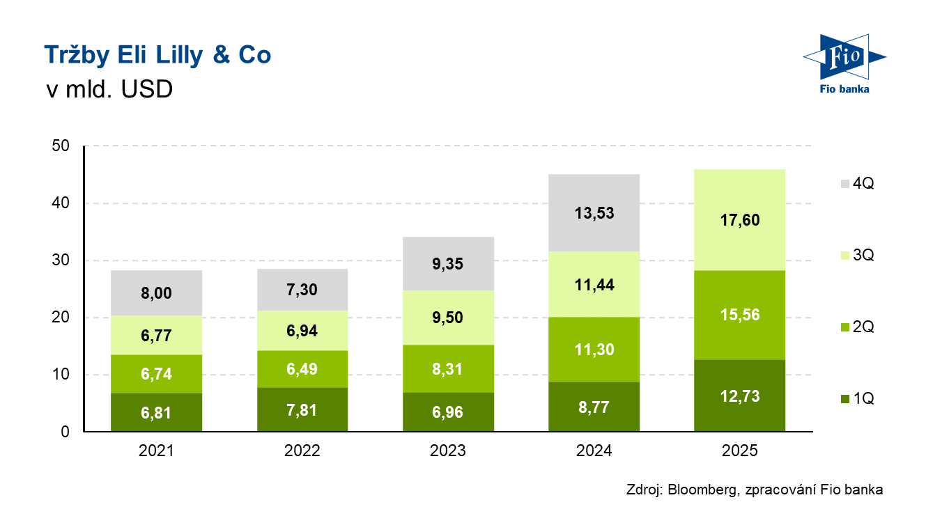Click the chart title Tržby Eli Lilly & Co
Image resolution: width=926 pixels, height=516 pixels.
coord(157,56)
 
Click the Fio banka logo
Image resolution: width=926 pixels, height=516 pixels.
coord(843,63)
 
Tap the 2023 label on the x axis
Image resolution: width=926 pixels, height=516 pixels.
coord(448,451)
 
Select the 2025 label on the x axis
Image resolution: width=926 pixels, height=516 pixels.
coord(740,451)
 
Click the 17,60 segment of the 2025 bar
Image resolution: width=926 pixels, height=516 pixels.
coord(740,220)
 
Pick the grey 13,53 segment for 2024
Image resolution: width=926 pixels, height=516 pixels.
coord(594,213)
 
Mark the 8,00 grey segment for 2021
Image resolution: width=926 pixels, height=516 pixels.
coord(156,293)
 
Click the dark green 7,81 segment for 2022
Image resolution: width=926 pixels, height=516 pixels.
coord(302,409)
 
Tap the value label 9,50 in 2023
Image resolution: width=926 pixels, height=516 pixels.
coord(448,318)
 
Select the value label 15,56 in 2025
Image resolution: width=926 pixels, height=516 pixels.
coord(740,315)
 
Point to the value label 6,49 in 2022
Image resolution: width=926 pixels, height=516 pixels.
coord(302,369)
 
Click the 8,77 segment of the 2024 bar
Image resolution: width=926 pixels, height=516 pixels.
coord(594,407)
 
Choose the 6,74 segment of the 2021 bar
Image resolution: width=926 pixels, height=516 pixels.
coord(156,374)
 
